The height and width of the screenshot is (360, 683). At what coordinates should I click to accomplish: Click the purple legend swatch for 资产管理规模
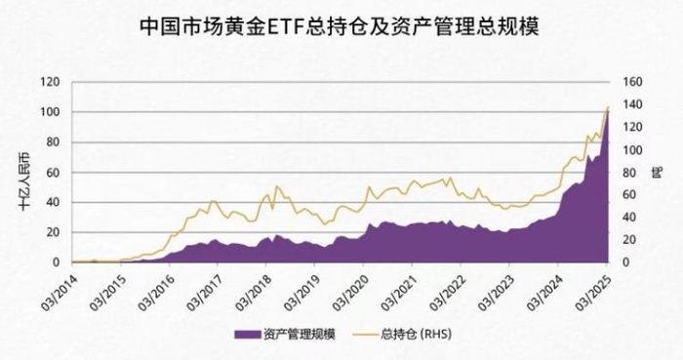(247, 334)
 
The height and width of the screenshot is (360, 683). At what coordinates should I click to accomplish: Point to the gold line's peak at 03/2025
(608, 106)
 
